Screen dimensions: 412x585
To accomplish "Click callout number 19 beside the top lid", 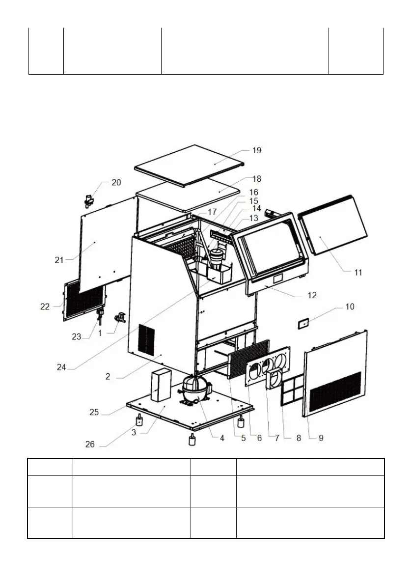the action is click(256, 150).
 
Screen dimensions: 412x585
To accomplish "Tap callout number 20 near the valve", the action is click(116, 182).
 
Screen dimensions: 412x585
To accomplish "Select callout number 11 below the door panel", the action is click(358, 272).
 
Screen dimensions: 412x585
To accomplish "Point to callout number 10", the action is click(350, 307).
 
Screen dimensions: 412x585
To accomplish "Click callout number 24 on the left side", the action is click(61, 367).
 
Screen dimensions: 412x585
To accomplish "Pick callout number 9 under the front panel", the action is click(321, 438).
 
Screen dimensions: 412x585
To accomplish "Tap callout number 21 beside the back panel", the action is click(59, 260).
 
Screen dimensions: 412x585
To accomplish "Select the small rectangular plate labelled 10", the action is click(304, 323).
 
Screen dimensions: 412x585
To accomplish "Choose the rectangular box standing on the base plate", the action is click(160, 386).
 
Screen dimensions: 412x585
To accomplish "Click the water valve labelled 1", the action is click(120, 318).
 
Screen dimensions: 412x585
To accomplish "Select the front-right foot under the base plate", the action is click(241, 422).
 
